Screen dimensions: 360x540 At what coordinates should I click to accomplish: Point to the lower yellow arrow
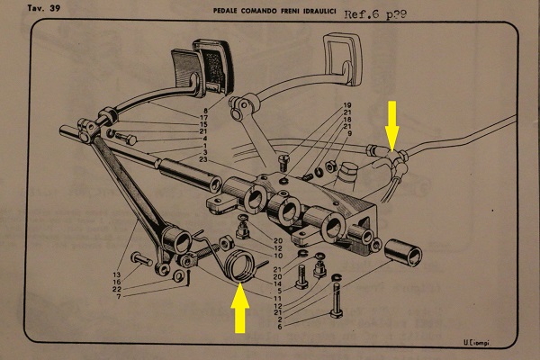click(x=240, y=309)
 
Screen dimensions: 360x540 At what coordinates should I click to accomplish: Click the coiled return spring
click(x=239, y=266)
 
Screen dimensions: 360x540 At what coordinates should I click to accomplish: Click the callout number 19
click(x=346, y=107)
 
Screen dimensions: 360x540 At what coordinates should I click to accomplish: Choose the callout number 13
click(x=116, y=274)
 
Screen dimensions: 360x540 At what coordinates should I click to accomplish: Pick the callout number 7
click(x=116, y=297)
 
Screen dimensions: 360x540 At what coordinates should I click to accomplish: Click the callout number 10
click(x=280, y=256)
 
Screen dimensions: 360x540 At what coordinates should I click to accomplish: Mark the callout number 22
click(x=116, y=289)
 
